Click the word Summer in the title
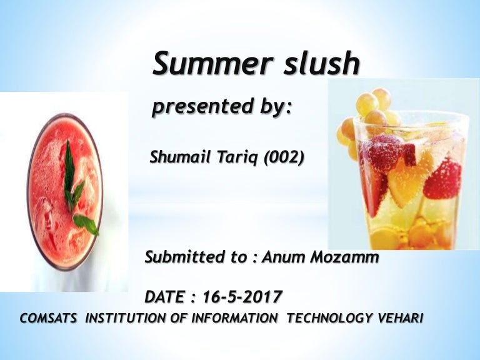(x=201, y=64)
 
